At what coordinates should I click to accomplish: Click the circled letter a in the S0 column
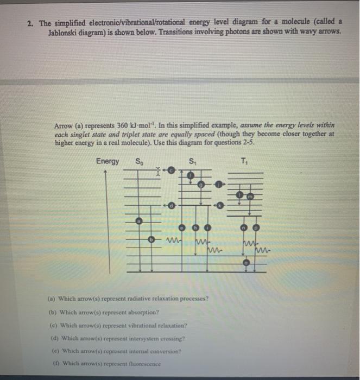coord(139,221)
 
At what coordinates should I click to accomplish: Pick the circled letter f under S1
coord(191,176)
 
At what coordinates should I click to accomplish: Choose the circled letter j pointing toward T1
coord(219,185)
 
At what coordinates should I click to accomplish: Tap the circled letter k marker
coord(220,206)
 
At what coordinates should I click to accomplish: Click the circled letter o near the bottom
coord(246,263)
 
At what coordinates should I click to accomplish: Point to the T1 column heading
coord(246,161)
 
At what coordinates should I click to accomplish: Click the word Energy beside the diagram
coord(108,161)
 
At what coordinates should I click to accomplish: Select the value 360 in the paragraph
coord(117,124)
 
